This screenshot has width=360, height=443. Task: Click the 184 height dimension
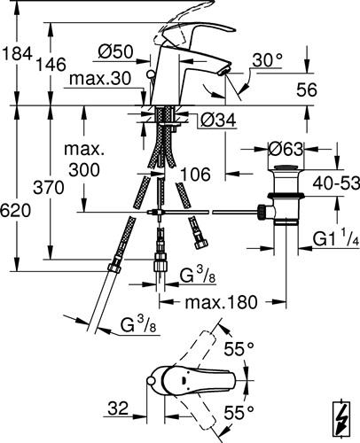[x=17, y=53]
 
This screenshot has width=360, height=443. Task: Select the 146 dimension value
[x=51, y=65]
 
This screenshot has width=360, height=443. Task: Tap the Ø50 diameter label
[x=116, y=51]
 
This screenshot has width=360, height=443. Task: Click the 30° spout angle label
[x=268, y=60]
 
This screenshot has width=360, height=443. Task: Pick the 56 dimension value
[x=307, y=89]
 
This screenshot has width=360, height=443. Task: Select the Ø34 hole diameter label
[x=218, y=120]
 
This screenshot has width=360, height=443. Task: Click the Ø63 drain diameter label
[x=286, y=149]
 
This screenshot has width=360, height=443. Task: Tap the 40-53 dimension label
[x=336, y=183]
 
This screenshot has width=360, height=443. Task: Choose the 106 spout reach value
[x=195, y=174]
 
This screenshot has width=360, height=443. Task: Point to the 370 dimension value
[x=49, y=187]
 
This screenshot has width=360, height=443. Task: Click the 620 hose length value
[x=15, y=211]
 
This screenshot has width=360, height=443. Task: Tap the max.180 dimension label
[x=222, y=302]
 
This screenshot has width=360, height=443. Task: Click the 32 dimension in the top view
[x=118, y=408]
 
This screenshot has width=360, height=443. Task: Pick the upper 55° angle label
[x=239, y=349]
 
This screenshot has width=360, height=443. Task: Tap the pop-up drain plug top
[x=286, y=169]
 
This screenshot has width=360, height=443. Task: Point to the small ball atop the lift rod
[x=151, y=74]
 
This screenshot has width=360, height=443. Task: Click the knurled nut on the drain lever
[x=262, y=212]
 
